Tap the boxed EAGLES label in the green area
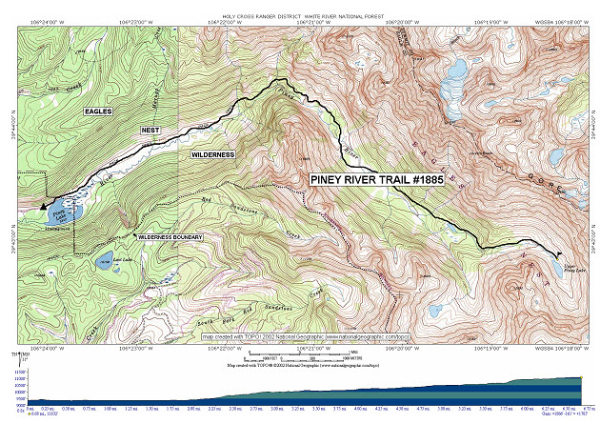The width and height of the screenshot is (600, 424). click(x=97, y=111)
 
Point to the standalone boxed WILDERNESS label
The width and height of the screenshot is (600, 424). click(x=212, y=153)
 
